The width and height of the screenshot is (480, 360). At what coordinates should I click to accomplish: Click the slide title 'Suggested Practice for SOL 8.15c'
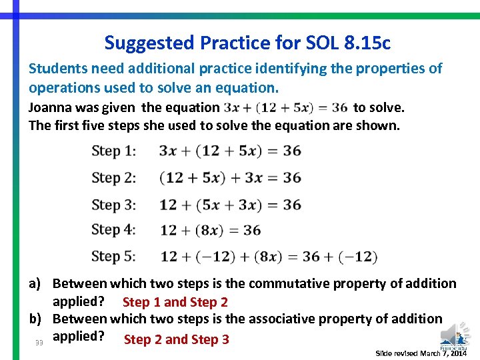click(x=247, y=43)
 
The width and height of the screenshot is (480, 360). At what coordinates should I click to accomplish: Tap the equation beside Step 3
click(x=230, y=205)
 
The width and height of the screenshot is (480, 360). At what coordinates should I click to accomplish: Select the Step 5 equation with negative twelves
click(x=269, y=257)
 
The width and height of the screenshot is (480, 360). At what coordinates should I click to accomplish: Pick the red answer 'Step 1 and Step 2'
click(x=175, y=302)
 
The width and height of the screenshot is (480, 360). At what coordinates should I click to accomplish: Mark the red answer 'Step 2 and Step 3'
click(x=177, y=339)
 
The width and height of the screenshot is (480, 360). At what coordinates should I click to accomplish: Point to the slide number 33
click(x=39, y=343)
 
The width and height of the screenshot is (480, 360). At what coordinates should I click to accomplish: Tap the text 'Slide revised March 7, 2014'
click(x=421, y=353)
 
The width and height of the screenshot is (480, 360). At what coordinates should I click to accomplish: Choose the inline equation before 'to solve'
click(x=286, y=107)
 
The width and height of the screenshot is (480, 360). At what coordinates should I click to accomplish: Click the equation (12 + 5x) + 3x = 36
click(x=230, y=178)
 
